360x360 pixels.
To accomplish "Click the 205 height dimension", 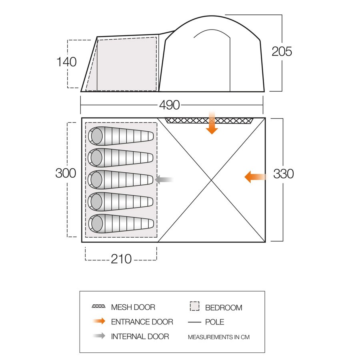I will [x=282, y=52].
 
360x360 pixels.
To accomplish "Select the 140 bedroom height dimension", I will [x=66, y=62].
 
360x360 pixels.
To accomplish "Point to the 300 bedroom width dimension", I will [x=66, y=173].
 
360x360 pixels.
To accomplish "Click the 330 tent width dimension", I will [x=284, y=174].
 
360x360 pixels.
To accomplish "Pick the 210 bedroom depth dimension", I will [x=121, y=259].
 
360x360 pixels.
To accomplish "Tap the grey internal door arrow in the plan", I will [x=164, y=180].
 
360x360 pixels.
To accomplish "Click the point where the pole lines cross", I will [x=211, y=180].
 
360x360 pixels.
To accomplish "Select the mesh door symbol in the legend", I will [x=98, y=307].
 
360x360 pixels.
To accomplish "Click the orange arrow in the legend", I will [x=98, y=321].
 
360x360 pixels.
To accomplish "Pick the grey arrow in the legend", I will [x=98, y=336].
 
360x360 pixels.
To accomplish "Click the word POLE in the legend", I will [x=214, y=322].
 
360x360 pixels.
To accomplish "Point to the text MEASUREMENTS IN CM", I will [x=218, y=337].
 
